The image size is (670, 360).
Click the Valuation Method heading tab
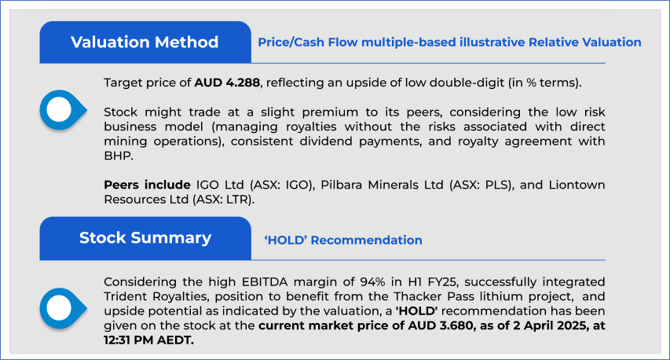tap(145, 42)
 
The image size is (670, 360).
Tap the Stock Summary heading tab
tap(145, 238)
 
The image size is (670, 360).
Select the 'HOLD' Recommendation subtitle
tap(343, 241)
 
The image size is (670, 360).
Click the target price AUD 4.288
tap(227, 83)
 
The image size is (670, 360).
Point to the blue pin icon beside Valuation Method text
tap(63, 110)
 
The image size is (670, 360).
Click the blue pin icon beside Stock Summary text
tap(63, 308)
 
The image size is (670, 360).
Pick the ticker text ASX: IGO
tap(280, 186)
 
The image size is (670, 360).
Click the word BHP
tap(117, 156)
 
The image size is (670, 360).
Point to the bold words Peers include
tap(147, 186)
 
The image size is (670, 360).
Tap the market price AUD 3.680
tap(441, 325)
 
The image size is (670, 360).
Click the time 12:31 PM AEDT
tap(148, 340)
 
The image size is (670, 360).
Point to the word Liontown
tap(577, 186)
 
